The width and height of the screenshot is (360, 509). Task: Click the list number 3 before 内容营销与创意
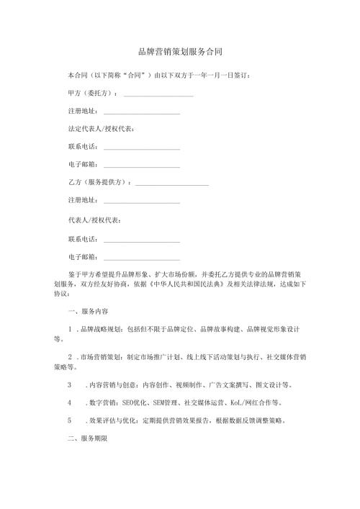[69, 384]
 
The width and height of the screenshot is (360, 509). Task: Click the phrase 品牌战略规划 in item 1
[101, 330]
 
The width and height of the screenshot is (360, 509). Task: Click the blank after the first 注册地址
[142, 112]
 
